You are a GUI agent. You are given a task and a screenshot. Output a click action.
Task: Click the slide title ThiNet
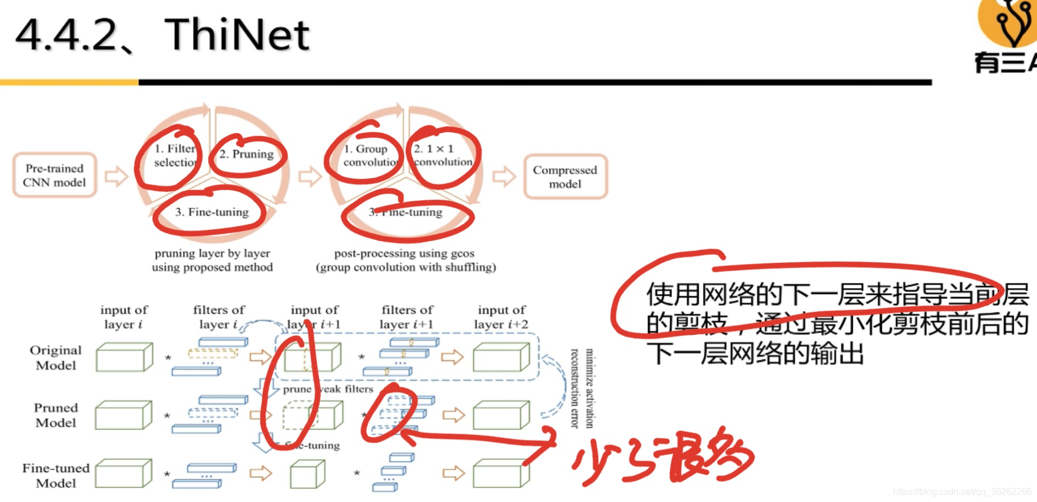pyautogui.click(x=237, y=35)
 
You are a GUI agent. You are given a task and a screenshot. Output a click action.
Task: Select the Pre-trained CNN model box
pyautogui.click(x=55, y=175)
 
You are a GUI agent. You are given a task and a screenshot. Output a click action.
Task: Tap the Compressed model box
pyautogui.click(x=565, y=176)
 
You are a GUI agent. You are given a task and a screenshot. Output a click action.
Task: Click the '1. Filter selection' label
pyautogui.click(x=174, y=155)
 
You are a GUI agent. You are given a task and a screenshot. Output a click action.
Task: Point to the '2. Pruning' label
pyautogui.click(x=246, y=154)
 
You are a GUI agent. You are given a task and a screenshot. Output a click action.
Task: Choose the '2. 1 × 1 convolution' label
pyautogui.click(x=442, y=155)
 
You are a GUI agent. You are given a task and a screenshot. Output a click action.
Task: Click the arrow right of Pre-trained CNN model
pyautogui.click(x=116, y=176)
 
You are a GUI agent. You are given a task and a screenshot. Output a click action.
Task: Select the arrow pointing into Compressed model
pyautogui.click(x=503, y=176)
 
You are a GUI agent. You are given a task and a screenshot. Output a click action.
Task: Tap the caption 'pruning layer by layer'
pyautogui.click(x=212, y=253)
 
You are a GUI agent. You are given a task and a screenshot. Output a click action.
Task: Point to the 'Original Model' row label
pyautogui.click(x=56, y=357)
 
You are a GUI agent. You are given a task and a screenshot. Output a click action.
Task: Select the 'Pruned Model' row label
pyautogui.click(x=56, y=415)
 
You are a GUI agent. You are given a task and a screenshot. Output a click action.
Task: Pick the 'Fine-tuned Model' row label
pyautogui.click(x=56, y=475)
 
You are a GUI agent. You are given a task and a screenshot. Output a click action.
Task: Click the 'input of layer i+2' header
pyautogui.click(x=501, y=317)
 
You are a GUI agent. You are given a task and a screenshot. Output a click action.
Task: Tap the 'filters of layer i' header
pyautogui.click(x=219, y=317)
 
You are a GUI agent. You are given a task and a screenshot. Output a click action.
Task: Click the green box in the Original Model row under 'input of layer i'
pyautogui.click(x=124, y=357)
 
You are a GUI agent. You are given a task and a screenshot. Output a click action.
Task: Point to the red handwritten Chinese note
pyautogui.click(x=662, y=458)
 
